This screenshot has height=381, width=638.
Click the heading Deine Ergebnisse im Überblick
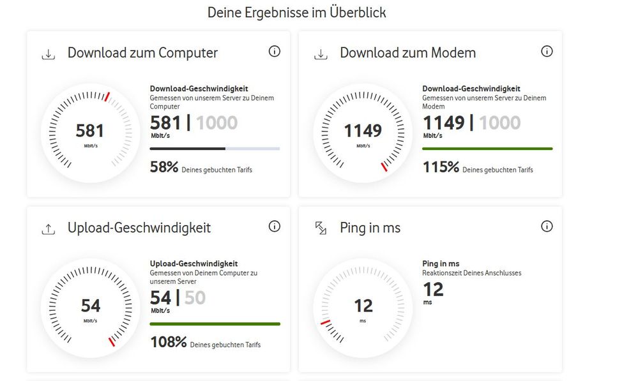[296, 12]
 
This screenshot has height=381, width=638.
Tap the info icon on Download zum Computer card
[275, 52]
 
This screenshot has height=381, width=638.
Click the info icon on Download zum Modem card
[547, 52]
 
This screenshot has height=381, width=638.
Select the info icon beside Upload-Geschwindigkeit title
[275, 227]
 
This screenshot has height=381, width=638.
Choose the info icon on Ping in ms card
[547, 227]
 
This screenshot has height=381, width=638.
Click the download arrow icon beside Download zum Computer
[48, 54]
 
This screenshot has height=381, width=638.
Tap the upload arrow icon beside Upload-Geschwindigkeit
[48, 228]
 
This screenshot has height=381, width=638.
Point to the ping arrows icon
[321, 228]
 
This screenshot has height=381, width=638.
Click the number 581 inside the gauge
[89, 131]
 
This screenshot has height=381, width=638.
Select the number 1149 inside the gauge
[363, 131]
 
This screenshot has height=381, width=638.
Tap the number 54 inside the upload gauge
[90, 306]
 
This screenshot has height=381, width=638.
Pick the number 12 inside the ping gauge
[363, 306]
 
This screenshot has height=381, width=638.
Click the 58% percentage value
[163, 168]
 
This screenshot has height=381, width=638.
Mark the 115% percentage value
[441, 168]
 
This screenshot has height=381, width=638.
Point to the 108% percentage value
[168, 343]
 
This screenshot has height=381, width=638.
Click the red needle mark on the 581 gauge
[107, 97]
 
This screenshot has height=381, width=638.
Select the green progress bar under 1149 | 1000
[487, 149]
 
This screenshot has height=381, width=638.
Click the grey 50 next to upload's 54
[195, 298]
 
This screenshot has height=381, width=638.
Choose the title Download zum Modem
[407, 53]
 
